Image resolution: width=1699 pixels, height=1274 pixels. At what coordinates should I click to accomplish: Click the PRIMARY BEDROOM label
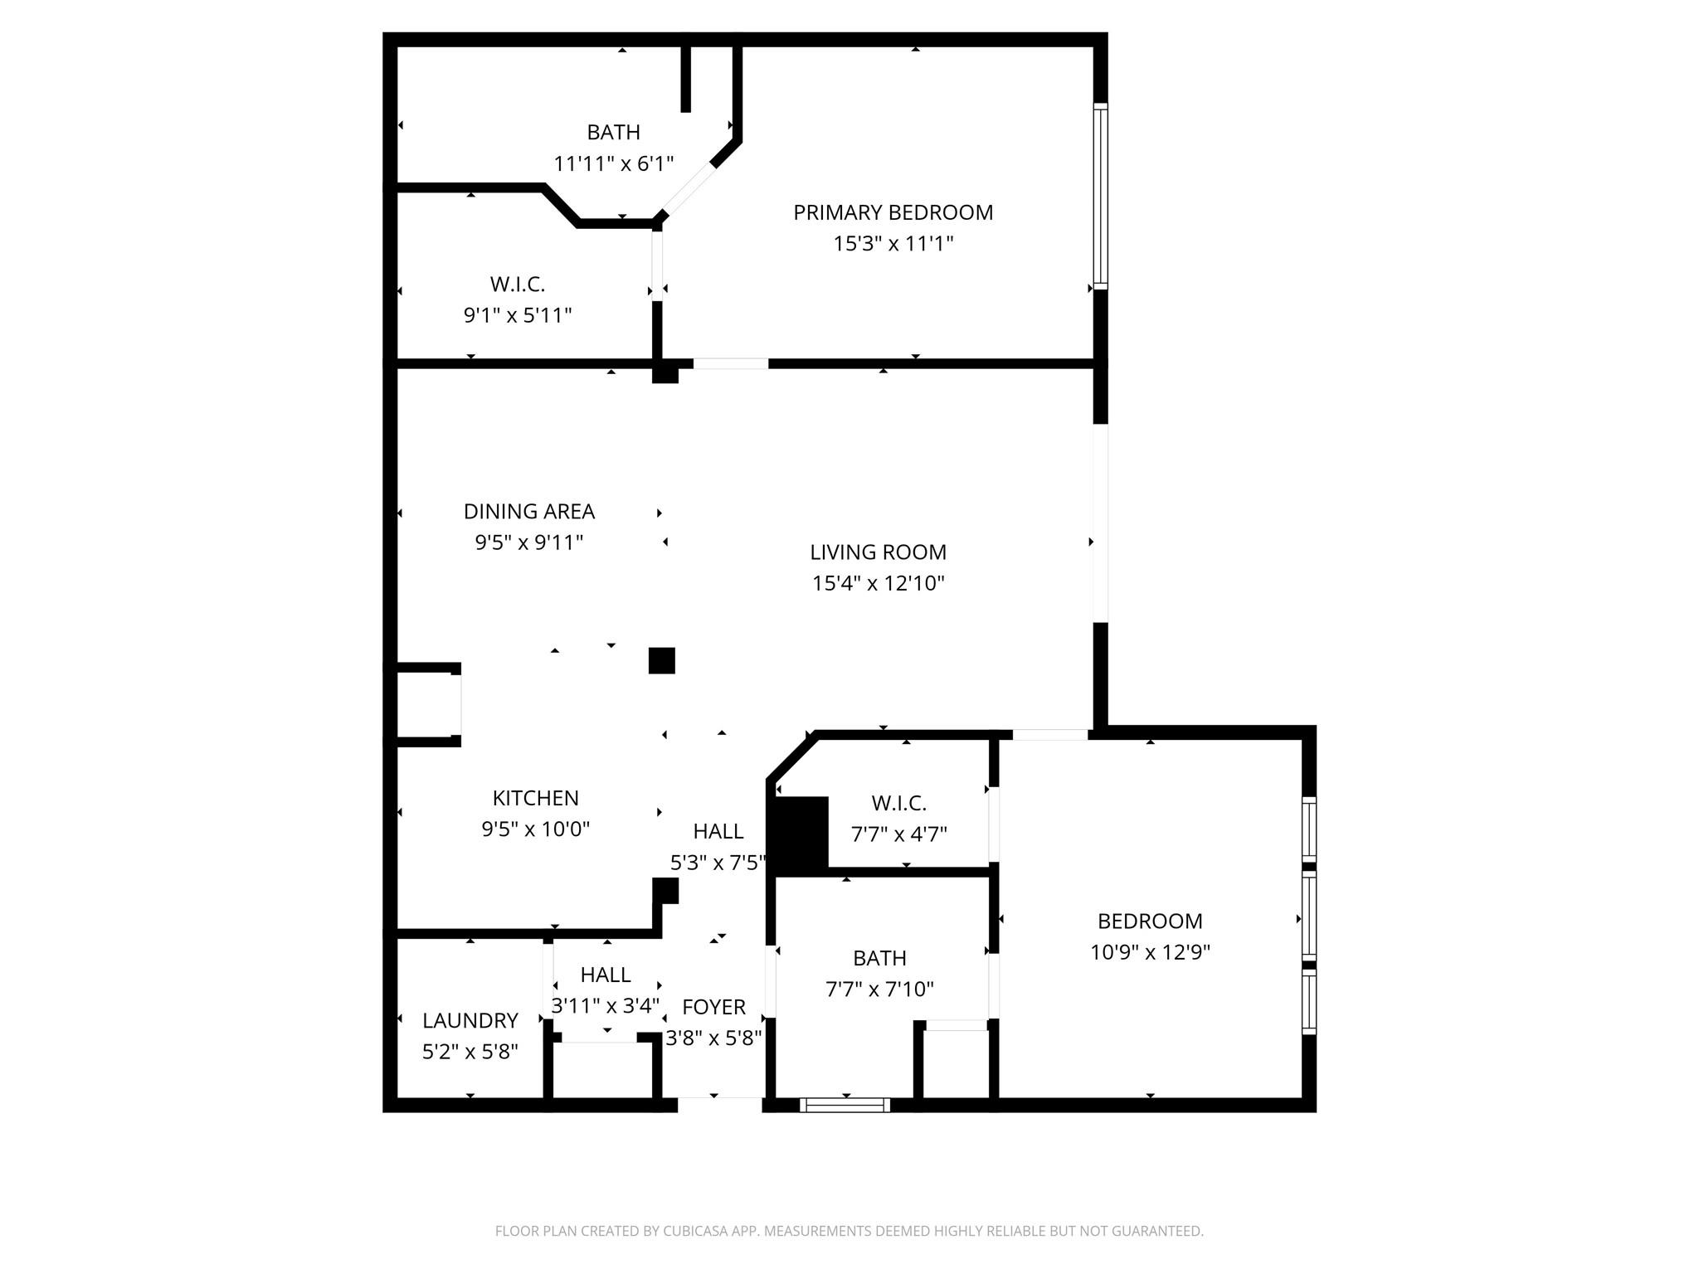coord(893,212)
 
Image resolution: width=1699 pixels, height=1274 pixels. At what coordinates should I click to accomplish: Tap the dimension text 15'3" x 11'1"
coord(893,244)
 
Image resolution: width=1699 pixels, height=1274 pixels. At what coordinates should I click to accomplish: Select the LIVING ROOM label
coord(878,552)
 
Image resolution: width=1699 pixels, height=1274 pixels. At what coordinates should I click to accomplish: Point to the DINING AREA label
coord(529,511)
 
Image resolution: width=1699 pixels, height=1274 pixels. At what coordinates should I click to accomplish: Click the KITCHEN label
coord(535,798)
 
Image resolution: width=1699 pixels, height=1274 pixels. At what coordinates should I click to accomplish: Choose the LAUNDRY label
coord(470,1020)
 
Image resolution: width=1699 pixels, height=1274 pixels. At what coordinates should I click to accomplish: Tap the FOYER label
coord(713,1007)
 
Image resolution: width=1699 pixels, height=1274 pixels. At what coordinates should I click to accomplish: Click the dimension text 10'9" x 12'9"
coord(1150,952)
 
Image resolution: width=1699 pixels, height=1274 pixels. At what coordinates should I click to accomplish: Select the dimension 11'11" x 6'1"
coord(614,163)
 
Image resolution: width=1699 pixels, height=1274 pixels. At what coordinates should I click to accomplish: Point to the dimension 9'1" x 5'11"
coord(518,315)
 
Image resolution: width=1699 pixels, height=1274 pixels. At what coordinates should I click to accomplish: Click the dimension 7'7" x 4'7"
coord(899,834)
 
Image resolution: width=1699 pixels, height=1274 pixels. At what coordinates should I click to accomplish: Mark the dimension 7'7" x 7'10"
coord(879,989)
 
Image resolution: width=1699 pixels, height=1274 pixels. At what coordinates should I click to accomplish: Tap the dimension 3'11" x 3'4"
coord(606,1005)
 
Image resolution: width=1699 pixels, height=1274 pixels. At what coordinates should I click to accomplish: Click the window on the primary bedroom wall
coord(1100,196)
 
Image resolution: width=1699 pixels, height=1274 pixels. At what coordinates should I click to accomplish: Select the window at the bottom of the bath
coord(845,1105)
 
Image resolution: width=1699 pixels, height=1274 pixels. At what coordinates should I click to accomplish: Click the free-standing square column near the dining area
coord(661,660)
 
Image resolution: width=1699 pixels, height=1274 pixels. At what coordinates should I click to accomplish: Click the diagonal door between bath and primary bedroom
coord(688,189)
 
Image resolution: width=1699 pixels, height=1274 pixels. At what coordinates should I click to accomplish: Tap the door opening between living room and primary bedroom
coord(731,363)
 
